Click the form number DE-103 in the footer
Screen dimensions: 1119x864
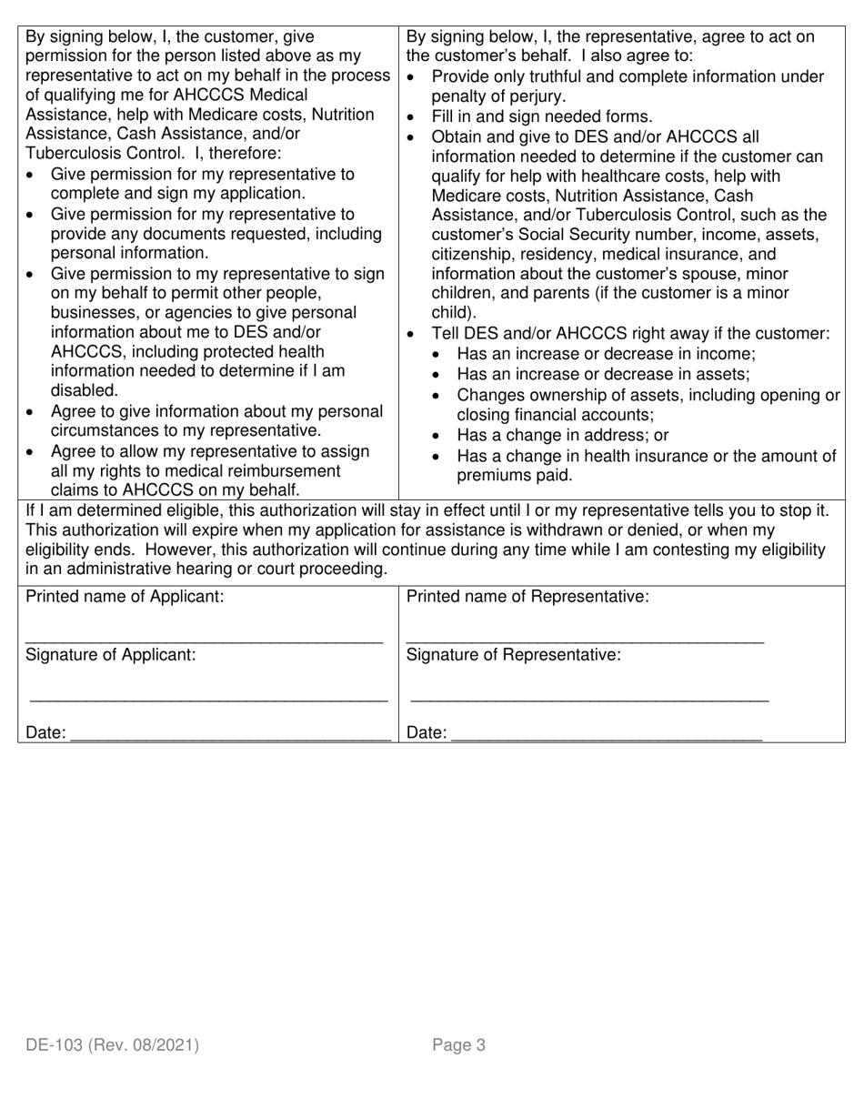click(x=55, y=1045)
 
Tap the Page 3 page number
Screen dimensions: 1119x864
click(x=458, y=1045)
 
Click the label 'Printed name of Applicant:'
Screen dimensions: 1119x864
click(x=125, y=597)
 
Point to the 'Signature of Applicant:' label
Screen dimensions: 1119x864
click(x=110, y=654)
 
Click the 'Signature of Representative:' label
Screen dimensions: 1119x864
click(x=514, y=654)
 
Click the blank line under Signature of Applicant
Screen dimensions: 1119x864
click(x=209, y=699)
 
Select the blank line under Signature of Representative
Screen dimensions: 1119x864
click(x=589, y=699)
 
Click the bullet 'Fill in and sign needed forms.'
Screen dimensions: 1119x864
click(x=541, y=116)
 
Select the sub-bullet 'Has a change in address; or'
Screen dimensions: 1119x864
click(x=562, y=435)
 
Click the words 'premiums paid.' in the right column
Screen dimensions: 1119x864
click(x=515, y=475)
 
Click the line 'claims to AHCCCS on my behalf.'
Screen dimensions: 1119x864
click(x=175, y=490)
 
